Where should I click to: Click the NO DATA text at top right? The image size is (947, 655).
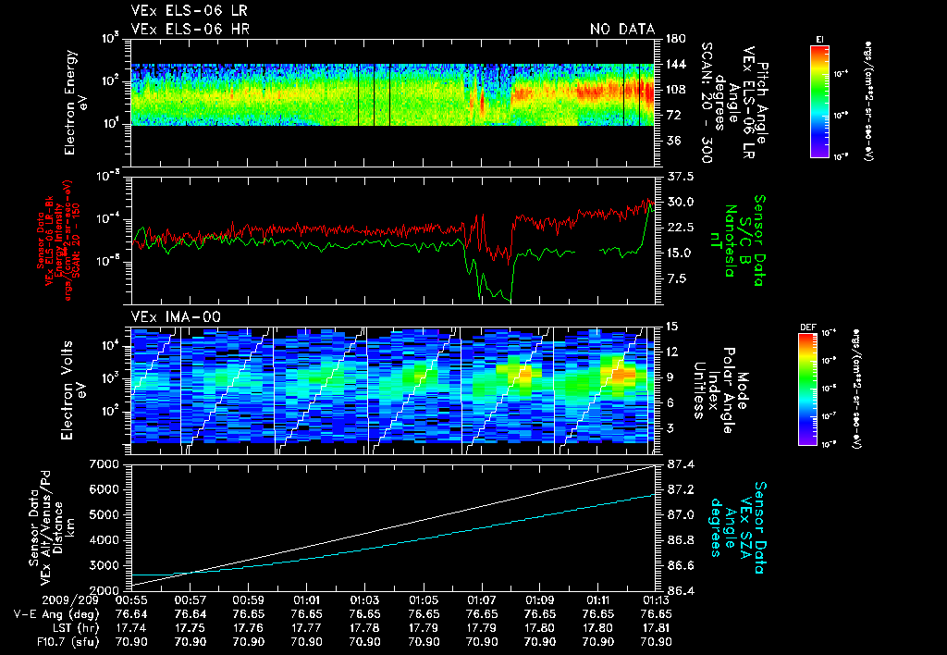click(x=622, y=30)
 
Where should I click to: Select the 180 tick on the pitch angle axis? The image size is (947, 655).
click(x=674, y=38)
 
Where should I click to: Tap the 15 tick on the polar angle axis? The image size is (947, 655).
click(x=671, y=326)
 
